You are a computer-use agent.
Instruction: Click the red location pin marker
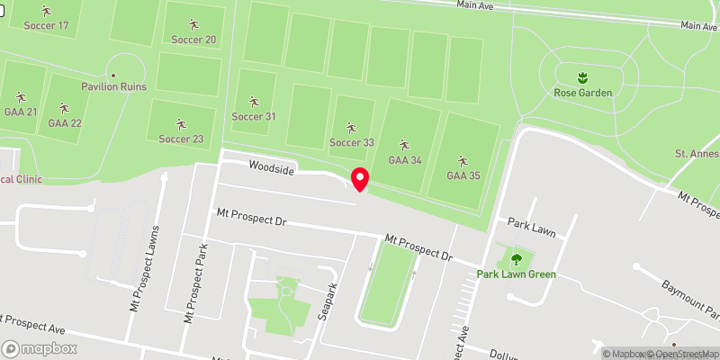[360, 179]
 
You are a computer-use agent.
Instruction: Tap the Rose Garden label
[582, 93]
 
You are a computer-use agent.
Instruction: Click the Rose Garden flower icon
[582, 76]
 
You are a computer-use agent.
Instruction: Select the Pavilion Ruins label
[114, 87]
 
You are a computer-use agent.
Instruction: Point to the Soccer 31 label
[254, 117]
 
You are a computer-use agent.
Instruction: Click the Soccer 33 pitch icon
[351, 127]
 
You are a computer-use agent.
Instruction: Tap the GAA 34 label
[404, 160]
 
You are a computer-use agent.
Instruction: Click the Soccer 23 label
[181, 139]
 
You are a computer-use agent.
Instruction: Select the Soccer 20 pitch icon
[193, 23]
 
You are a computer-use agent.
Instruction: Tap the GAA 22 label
[65, 123]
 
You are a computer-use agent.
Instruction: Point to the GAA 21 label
[20, 112]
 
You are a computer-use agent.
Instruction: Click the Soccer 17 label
[47, 25]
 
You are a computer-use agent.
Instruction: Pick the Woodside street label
[272, 167]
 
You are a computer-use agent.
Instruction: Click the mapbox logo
[40, 348]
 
